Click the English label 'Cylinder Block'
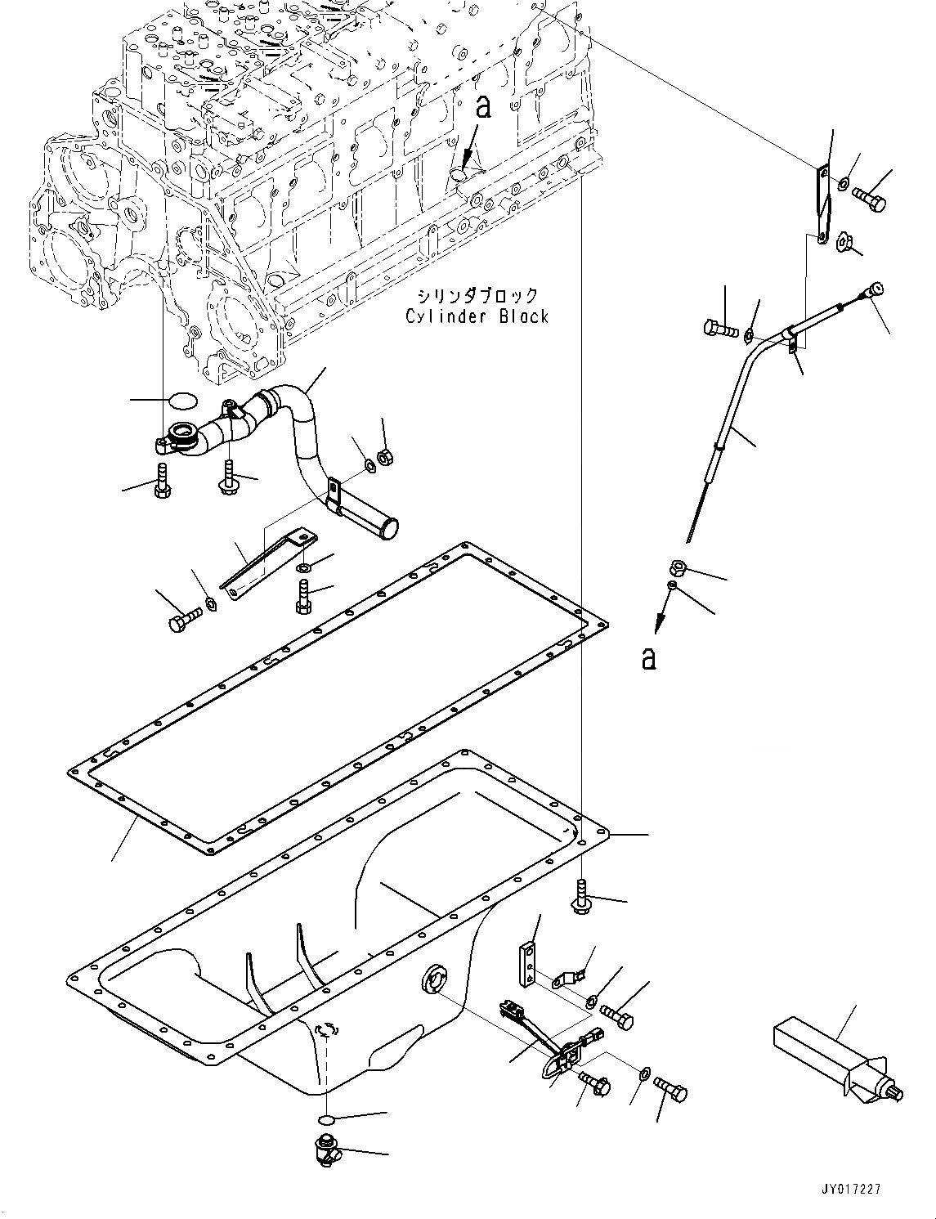coord(477,316)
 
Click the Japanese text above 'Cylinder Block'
coord(477,295)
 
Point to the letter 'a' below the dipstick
coord(648,657)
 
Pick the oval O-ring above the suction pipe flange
coord(181,401)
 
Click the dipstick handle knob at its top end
coord(876,289)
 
